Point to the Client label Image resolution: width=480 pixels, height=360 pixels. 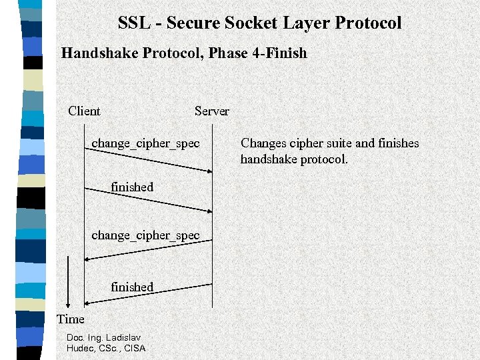coord(84,111)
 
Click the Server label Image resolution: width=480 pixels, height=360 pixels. coord(211,111)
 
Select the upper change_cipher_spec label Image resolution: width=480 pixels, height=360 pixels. coord(145,143)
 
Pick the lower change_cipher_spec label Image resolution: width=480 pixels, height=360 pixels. coord(145,235)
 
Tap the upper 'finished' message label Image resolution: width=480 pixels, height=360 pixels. coord(132,187)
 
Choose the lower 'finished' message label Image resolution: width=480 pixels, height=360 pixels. coord(132,287)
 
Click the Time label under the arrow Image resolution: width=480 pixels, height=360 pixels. coord(71,319)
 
